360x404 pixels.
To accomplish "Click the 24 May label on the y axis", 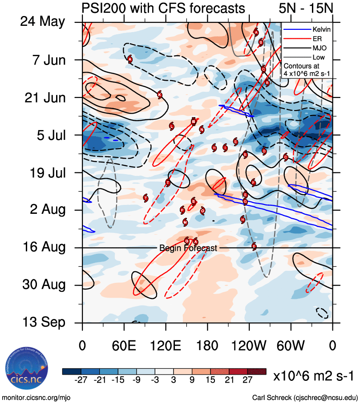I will tap(43, 22).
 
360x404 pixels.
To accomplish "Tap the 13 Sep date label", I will tap(43, 322).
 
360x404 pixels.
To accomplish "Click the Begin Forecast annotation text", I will tap(188, 248).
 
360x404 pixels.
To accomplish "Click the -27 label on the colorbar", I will tap(81, 380).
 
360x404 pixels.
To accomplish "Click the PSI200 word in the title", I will tap(103, 8).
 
